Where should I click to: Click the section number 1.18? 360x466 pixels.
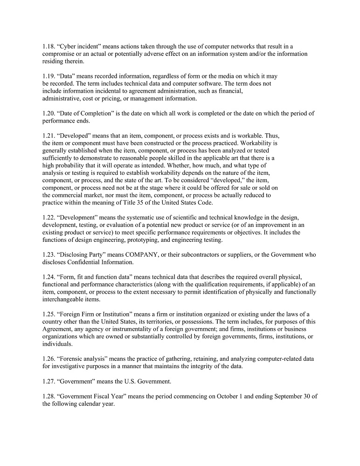pyautogui.click(x=48, y=47)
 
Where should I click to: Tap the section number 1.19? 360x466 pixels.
pyautogui.click(x=48, y=76)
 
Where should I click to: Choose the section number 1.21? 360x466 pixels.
pyautogui.click(x=48, y=136)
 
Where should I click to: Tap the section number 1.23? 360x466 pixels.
pyautogui.click(x=48, y=255)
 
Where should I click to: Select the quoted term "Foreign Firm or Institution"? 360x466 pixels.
pyautogui.click(x=96, y=315)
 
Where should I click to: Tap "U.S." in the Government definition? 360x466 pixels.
pyautogui.click(x=134, y=382)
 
